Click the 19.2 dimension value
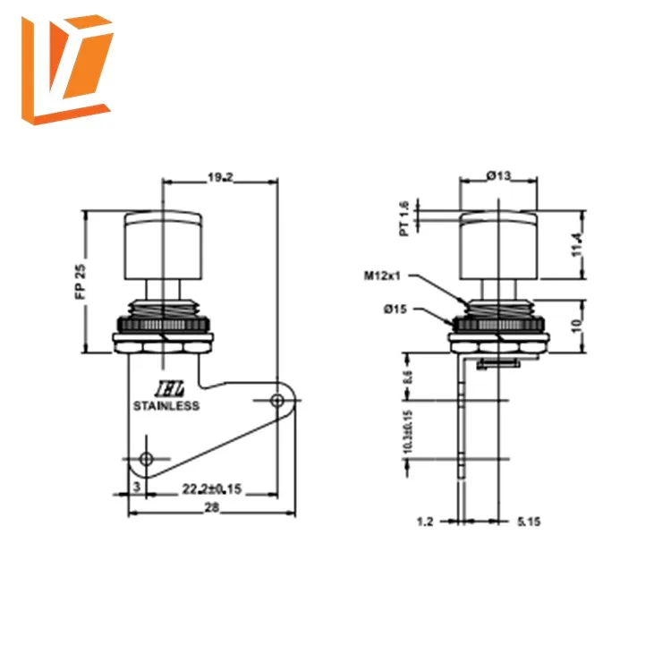point(219,178)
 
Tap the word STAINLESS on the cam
point(166,405)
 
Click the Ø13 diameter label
point(499,177)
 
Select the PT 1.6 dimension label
point(403,218)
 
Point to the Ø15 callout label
point(395,309)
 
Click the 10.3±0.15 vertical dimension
point(405,432)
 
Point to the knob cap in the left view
point(162,242)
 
